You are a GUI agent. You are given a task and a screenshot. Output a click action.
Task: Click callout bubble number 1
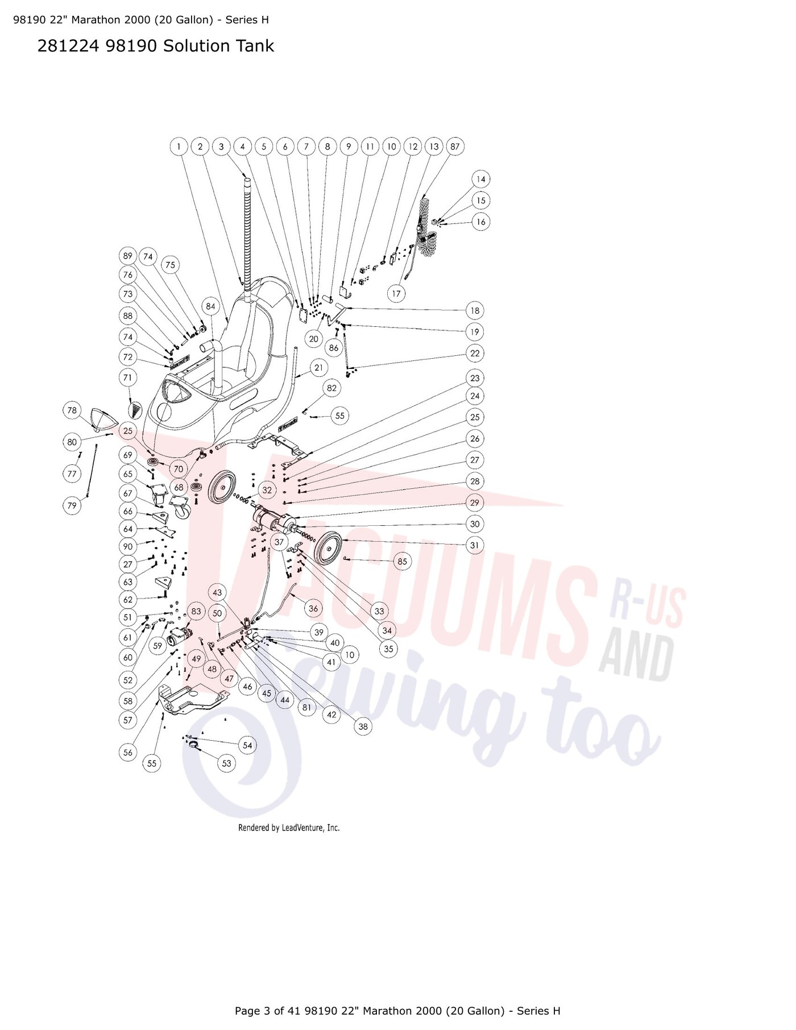179,147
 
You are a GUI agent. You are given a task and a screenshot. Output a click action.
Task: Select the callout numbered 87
455,147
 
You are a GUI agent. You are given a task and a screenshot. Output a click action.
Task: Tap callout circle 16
481,222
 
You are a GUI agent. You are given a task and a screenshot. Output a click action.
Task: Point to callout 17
396,294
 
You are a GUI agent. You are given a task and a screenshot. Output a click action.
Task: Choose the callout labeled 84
211,306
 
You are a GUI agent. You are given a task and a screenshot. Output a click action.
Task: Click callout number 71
128,377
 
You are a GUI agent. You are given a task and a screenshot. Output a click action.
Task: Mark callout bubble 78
72,410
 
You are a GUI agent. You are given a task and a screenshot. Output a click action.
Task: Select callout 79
72,505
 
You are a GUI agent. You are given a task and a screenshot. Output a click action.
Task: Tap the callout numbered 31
475,545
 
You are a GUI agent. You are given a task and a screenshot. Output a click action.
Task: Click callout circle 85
403,562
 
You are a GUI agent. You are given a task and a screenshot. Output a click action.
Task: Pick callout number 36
313,608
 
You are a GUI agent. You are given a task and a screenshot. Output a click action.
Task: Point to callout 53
227,763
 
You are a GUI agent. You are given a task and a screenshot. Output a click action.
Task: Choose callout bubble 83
196,612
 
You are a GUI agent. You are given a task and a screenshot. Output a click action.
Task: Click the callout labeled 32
267,490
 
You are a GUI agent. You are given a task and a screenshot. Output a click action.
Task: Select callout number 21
319,368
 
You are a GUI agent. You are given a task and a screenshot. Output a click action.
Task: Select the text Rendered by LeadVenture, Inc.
289,828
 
